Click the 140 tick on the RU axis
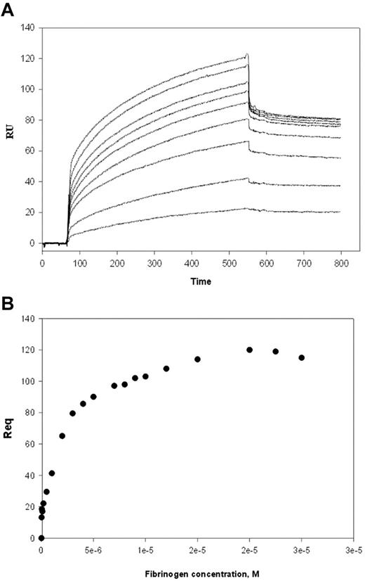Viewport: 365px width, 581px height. pos(29,28)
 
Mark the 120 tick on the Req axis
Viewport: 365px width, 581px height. pos(29,350)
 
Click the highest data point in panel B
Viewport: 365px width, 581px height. pos(249,350)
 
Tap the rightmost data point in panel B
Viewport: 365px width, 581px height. pos(302,357)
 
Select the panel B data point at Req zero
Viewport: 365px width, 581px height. pos(41,538)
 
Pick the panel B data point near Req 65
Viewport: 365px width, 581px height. pos(62,436)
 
